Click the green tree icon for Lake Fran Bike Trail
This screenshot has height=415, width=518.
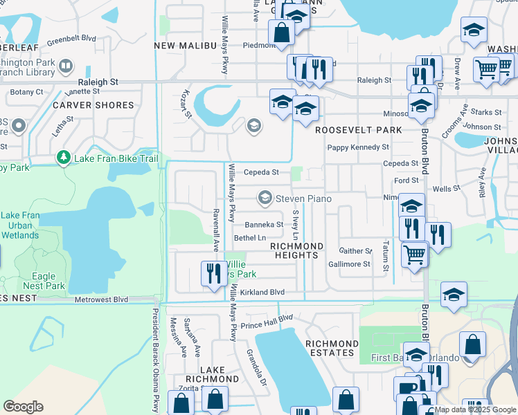tap(64, 158)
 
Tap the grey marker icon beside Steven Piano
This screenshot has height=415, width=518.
tap(265, 199)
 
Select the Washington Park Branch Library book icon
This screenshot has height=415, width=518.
tap(66, 67)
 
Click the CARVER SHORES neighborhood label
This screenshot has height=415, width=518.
tap(93, 105)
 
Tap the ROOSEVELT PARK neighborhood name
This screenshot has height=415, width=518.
tap(358, 130)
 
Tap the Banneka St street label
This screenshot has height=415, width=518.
tap(264, 225)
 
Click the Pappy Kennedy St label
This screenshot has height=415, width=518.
tap(358, 147)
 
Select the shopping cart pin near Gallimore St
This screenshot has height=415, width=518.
tap(414, 253)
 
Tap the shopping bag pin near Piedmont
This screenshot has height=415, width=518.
tap(282, 32)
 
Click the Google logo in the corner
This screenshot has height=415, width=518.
tap(23, 407)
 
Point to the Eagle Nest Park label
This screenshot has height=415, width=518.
tap(43, 281)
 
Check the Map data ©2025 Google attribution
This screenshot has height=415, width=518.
tap(475, 409)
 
